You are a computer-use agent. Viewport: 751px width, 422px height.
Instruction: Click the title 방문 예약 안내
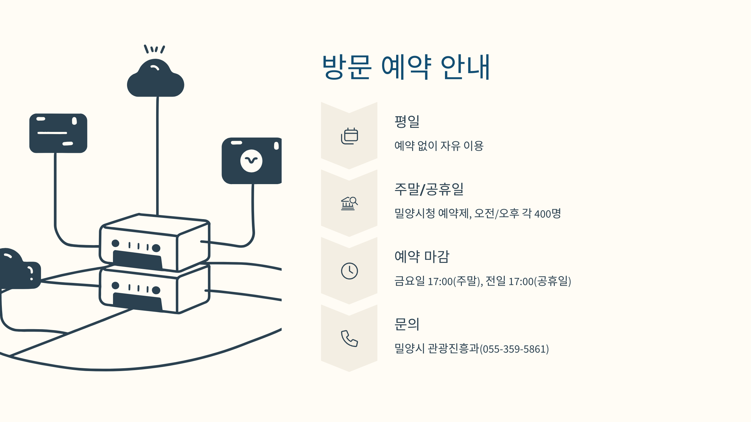pyautogui.click(x=406, y=67)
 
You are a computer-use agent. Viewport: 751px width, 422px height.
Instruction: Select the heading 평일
pyautogui.click(x=407, y=121)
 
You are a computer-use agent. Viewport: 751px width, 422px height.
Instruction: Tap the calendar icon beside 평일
pyautogui.click(x=349, y=136)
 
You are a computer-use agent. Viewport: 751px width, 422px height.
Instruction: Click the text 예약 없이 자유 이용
pyautogui.click(x=439, y=146)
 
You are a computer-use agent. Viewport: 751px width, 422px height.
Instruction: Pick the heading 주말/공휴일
pyautogui.click(x=429, y=189)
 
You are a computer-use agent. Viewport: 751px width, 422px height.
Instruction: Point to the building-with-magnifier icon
pyautogui.click(x=349, y=203)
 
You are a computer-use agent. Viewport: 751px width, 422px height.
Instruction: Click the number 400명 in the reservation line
pyautogui.click(x=548, y=214)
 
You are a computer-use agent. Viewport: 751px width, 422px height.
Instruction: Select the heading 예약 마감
pyautogui.click(x=422, y=256)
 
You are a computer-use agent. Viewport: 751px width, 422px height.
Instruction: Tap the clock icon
pyautogui.click(x=349, y=271)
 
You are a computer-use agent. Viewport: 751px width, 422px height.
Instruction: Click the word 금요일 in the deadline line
pyautogui.click(x=410, y=281)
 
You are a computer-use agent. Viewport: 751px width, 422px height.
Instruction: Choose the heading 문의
pyautogui.click(x=407, y=324)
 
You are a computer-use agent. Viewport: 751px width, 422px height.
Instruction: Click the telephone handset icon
pyautogui.click(x=349, y=339)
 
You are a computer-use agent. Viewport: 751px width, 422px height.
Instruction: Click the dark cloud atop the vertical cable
pyautogui.click(x=156, y=80)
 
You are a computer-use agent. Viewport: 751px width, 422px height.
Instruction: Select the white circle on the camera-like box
pyautogui.click(x=251, y=161)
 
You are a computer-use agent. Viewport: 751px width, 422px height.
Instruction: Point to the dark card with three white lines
pyautogui.click(x=58, y=133)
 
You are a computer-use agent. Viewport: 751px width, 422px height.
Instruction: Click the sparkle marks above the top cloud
pyautogui.click(x=154, y=49)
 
